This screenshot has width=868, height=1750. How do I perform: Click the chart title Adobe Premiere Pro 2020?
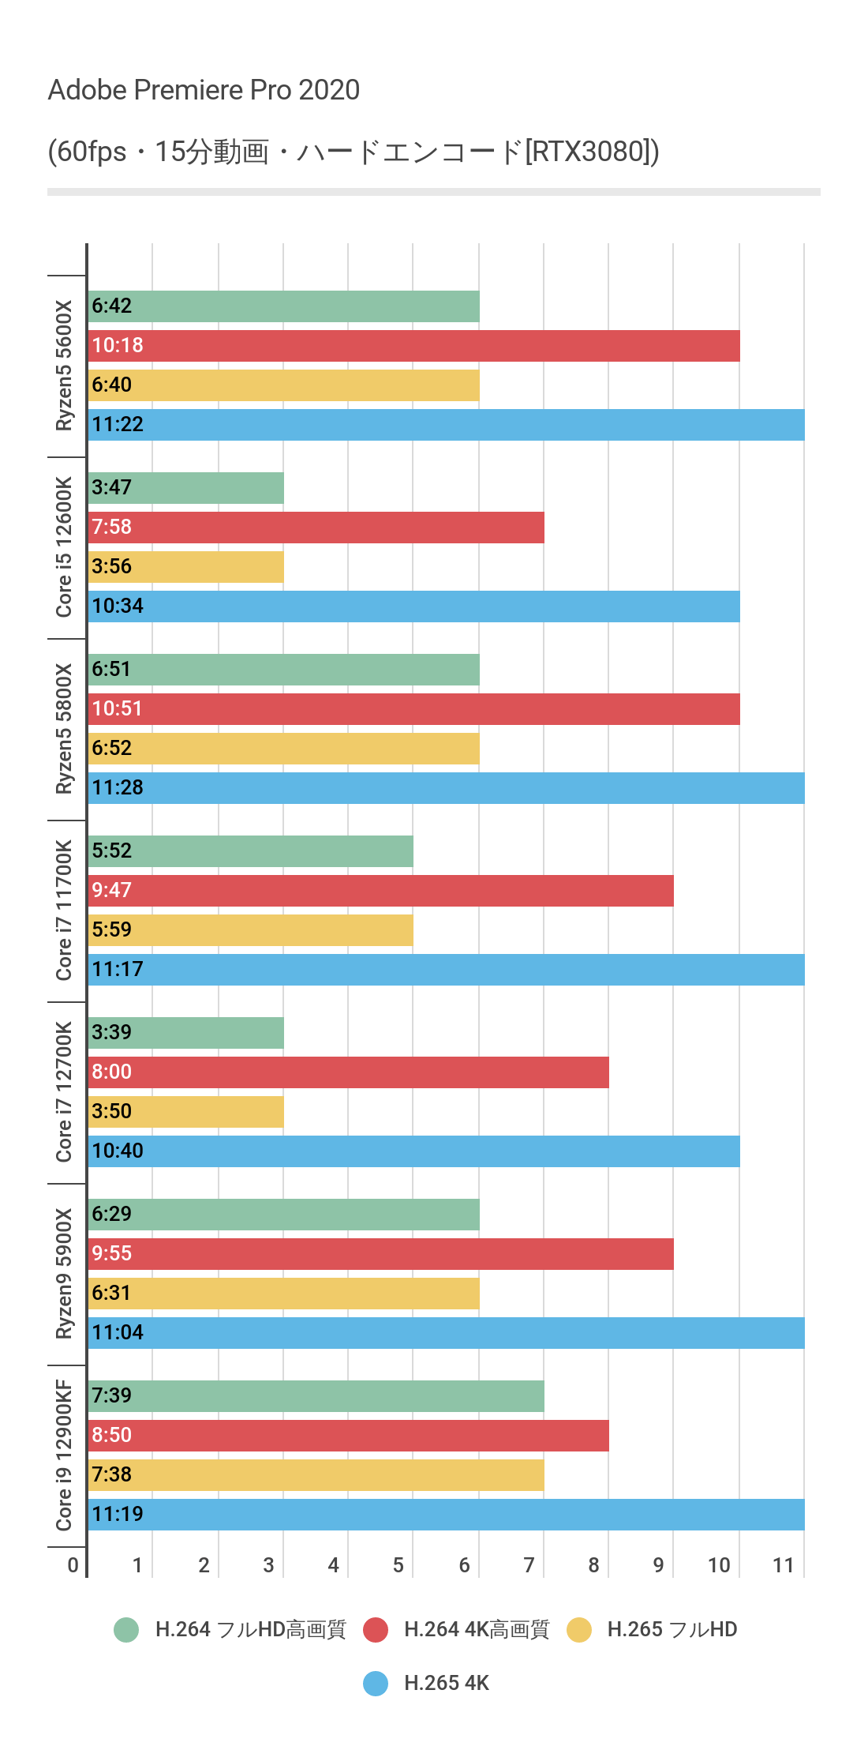pyautogui.click(x=204, y=90)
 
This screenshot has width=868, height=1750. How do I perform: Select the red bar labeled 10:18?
pyautogui.click(x=413, y=346)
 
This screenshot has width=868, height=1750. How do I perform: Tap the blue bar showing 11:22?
pyautogui.click(x=446, y=425)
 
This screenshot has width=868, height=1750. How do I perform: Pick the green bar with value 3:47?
pyautogui.click(x=185, y=488)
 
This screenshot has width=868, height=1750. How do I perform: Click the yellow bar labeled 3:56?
pyautogui.click(x=185, y=567)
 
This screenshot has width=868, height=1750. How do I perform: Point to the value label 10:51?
pyautogui.click(x=117, y=708)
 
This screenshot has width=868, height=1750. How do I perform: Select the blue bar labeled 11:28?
pyautogui.click(x=446, y=788)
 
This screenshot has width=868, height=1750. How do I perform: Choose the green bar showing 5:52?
pyautogui.click(x=250, y=851)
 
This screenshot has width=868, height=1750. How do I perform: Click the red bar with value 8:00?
pyautogui.click(x=348, y=1072)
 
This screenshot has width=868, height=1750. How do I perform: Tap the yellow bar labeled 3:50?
pyautogui.click(x=185, y=1112)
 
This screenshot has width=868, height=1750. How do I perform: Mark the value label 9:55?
pyautogui.click(x=111, y=1253)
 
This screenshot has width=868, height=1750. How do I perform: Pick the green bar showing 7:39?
pyautogui.click(x=316, y=1396)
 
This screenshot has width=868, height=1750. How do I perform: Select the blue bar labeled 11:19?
pyautogui.click(x=446, y=1515)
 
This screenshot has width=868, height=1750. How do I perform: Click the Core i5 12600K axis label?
pyautogui.click(x=64, y=547)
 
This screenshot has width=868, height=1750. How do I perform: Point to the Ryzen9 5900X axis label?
pyautogui.click(x=64, y=1274)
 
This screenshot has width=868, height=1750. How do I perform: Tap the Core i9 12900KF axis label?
pyautogui.click(x=64, y=1455)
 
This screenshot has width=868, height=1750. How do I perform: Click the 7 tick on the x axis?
pyautogui.click(x=529, y=1565)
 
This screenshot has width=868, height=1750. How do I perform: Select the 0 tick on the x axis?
pyautogui.click(x=73, y=1565)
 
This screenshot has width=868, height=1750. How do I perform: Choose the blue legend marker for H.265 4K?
pyautogui.click(x=376, y=1683)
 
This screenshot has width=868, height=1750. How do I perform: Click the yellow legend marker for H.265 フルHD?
pyautogui.click(x=579, y=1629)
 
